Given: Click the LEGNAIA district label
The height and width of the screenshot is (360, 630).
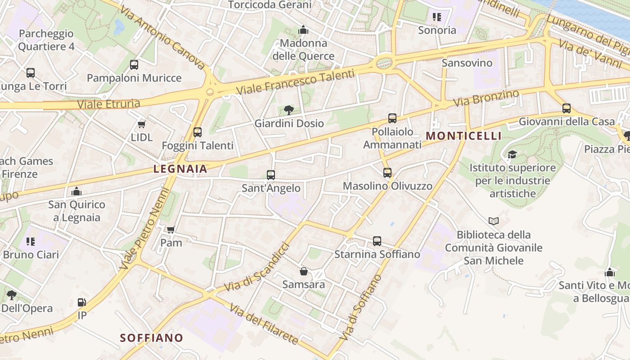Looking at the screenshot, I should click(180, 169).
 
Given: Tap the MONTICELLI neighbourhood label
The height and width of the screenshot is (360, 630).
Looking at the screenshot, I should click(463, 136).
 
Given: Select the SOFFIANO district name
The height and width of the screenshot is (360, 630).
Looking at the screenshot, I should click(152, 338).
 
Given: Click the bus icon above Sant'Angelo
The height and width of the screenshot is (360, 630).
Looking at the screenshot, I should click(270, 175).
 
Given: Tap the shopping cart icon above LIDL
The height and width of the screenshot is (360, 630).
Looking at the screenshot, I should click(142, 124).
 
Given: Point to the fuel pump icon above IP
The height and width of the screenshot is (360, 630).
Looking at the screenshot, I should click(82, 302).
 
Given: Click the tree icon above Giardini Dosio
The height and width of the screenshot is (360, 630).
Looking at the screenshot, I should click(289, 110).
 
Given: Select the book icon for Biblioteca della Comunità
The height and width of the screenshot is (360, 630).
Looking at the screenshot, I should click(494, 221).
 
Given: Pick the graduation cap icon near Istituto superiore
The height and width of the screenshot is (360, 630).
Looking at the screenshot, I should click(512, 155).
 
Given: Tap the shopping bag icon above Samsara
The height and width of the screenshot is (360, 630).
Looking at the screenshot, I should click(304, 271).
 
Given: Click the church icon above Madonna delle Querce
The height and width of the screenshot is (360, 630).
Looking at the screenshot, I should click(303, 30).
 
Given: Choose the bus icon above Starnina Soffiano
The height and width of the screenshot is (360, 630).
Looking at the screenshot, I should click(377, 241).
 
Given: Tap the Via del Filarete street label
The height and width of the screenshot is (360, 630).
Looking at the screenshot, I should click(264, 324).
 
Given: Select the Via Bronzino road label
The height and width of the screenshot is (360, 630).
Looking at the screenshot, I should click(486, 98).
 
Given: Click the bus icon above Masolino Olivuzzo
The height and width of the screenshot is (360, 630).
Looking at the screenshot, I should click(387, 173).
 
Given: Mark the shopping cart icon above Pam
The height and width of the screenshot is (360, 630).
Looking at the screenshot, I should click(171, 230).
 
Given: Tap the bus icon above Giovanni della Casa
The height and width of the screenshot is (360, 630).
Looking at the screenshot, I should click(566, 108).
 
